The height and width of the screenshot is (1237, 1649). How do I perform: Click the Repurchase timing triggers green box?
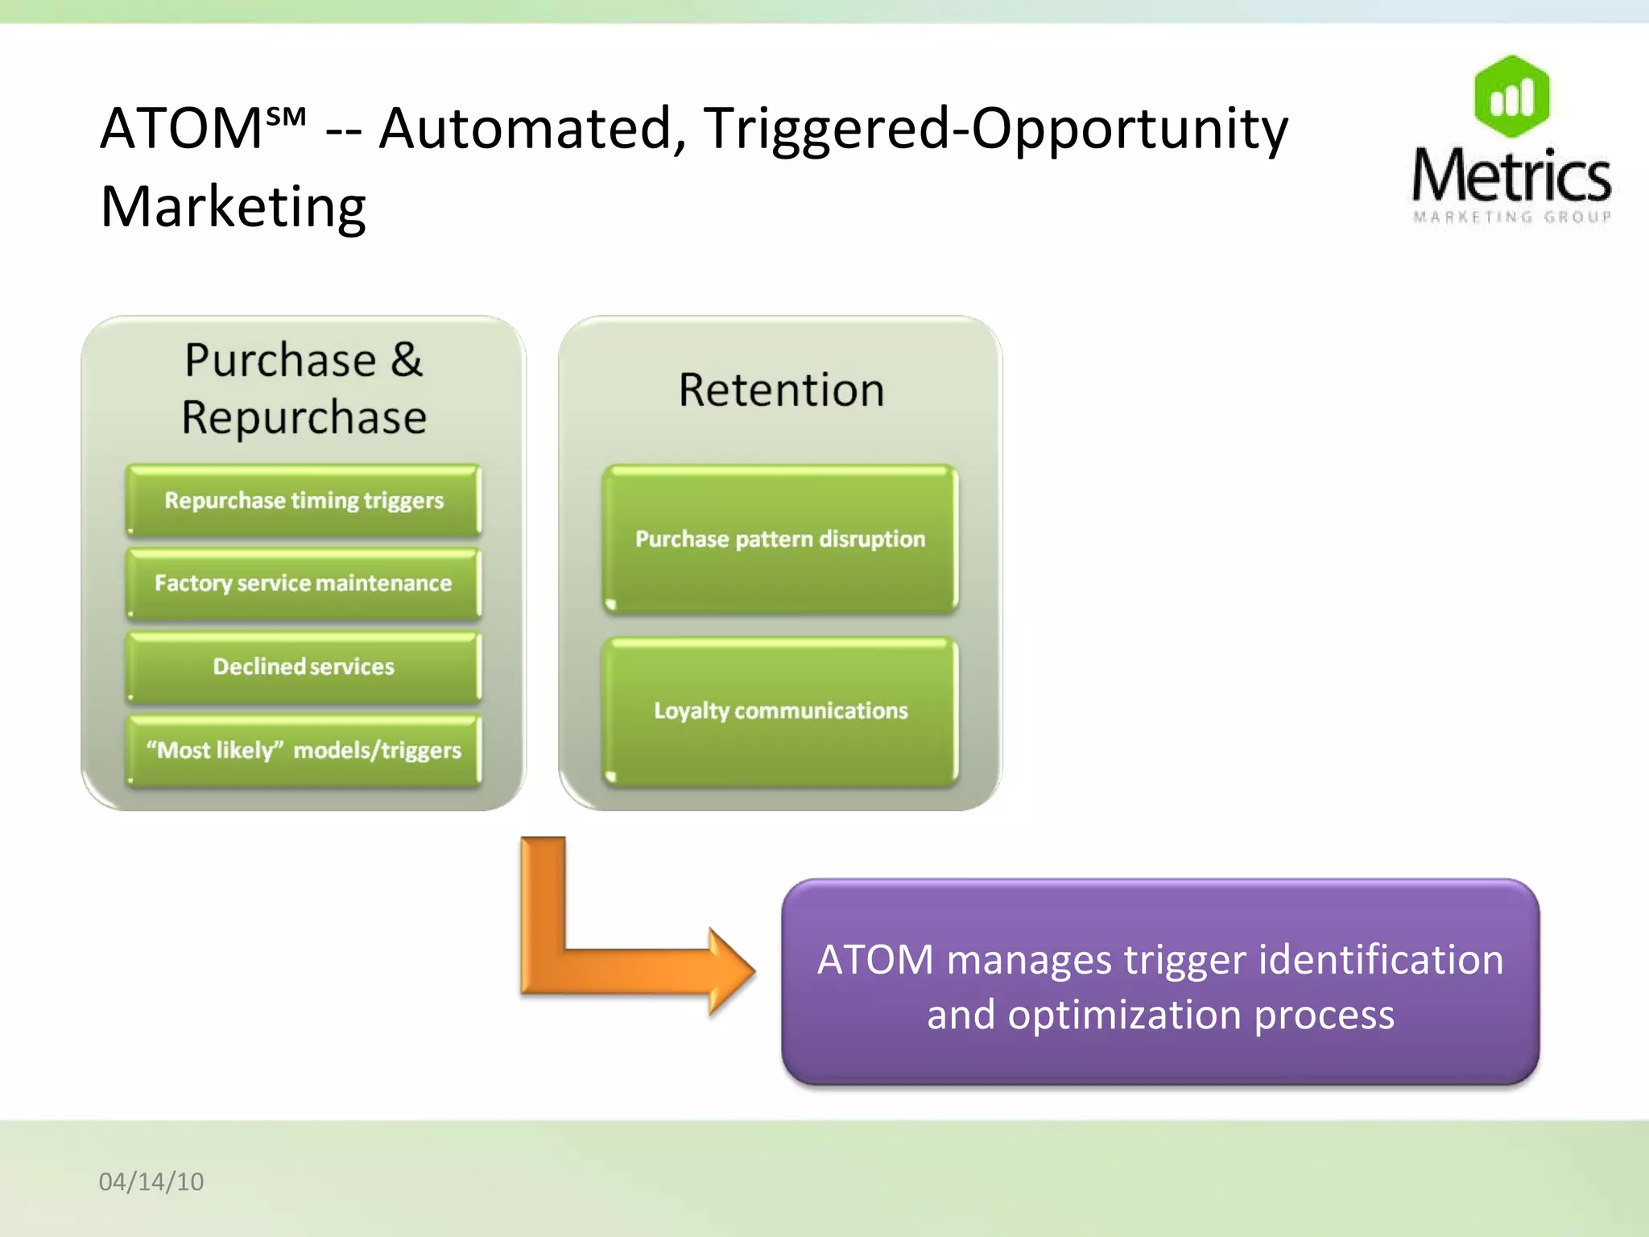tap(304, 501)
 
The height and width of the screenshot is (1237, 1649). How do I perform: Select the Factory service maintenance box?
tap(304, 584)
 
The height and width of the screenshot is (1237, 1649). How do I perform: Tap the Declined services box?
tap(304, 667)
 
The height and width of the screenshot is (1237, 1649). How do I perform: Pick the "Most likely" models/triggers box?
tap(304, 751)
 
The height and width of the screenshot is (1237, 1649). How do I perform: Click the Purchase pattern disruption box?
tap(779, 540)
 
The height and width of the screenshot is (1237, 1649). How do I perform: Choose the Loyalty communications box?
tap(779, 711)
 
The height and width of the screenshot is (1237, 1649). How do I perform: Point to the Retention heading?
tap(781, 391)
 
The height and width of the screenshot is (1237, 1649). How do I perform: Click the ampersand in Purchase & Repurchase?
tap(407, 360)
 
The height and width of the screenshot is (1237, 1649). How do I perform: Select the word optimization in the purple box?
tap(1125, 1015)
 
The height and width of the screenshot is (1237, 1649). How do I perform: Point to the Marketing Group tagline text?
tap(1511, 217)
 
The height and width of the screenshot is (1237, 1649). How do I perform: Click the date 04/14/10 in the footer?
tap(151, 1181)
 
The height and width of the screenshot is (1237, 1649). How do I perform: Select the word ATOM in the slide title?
tap(181, 129)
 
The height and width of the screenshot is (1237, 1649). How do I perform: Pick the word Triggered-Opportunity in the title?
tap(995, 129)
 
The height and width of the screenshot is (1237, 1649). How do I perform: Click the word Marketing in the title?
tap(234, 207)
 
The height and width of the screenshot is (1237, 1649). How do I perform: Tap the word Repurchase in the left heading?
tap(304, 418)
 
